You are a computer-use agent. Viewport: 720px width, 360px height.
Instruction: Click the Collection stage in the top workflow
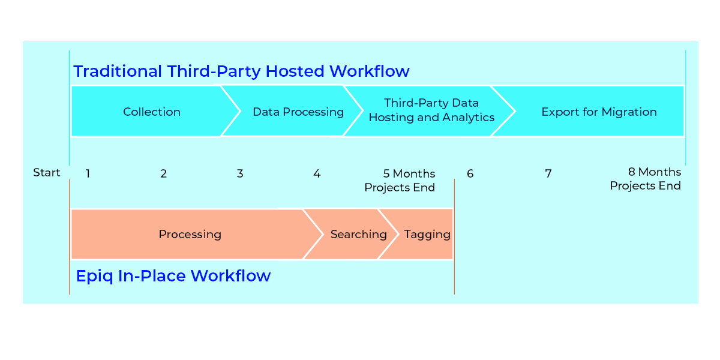(151, 112)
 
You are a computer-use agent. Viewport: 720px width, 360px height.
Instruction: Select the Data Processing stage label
(298, 112)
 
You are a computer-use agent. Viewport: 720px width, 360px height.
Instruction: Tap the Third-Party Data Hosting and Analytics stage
(431, 110)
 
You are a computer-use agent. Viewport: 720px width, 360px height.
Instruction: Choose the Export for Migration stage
(599, 112)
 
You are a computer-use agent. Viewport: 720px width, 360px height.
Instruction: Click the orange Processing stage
(190, 234)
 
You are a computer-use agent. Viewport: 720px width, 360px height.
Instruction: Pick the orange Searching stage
(358, 234)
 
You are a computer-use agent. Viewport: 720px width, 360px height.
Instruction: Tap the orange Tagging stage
(427, 234)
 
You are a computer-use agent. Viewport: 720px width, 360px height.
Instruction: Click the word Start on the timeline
(47, 173)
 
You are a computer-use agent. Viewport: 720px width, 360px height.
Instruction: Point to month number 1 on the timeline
(88, 174)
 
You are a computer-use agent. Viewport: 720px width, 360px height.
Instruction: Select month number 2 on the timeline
(163, 174)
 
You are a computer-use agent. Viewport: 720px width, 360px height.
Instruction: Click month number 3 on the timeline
(240, 174)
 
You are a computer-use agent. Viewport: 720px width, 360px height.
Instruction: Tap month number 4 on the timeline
(317, 174)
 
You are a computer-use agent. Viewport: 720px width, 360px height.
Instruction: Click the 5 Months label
(409, 174)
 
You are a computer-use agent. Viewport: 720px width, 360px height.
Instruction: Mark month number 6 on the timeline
(470, 174)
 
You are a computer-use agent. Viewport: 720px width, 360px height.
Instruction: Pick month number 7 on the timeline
(548, 174)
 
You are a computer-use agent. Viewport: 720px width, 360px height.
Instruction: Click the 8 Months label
(654, 172)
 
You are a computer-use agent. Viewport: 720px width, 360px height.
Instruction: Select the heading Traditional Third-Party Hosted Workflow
(241, 71)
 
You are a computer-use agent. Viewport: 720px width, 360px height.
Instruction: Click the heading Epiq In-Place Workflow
(173, 276)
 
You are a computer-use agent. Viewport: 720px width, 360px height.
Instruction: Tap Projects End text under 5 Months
(399, 188)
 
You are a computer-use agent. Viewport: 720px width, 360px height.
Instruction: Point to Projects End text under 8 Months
(645, 186)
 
